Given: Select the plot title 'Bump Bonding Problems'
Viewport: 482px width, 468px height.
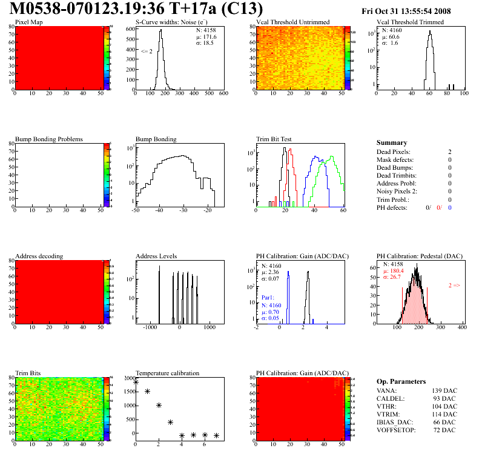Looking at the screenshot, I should click(x=49, y=139).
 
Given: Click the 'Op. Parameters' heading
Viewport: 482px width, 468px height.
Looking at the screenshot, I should click(x=401, y=381).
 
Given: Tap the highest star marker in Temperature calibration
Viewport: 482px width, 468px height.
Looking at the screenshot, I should click(x=136, y=382).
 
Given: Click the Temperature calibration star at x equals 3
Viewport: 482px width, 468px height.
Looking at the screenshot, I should click(x=170, y=422).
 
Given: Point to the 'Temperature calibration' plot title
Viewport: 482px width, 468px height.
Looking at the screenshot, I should click(x=167, y=373).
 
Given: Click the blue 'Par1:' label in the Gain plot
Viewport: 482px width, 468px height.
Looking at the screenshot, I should click(x=269, y=298).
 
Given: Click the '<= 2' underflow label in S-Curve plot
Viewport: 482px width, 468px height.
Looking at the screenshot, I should click(x=147, y=52).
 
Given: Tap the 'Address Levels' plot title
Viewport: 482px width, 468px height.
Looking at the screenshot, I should click(x=156, y=256).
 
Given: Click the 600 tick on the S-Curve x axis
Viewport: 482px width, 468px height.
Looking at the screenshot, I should click(x=223, y=94).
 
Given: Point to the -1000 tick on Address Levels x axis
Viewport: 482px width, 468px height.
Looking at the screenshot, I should click(x=149, y=327).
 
